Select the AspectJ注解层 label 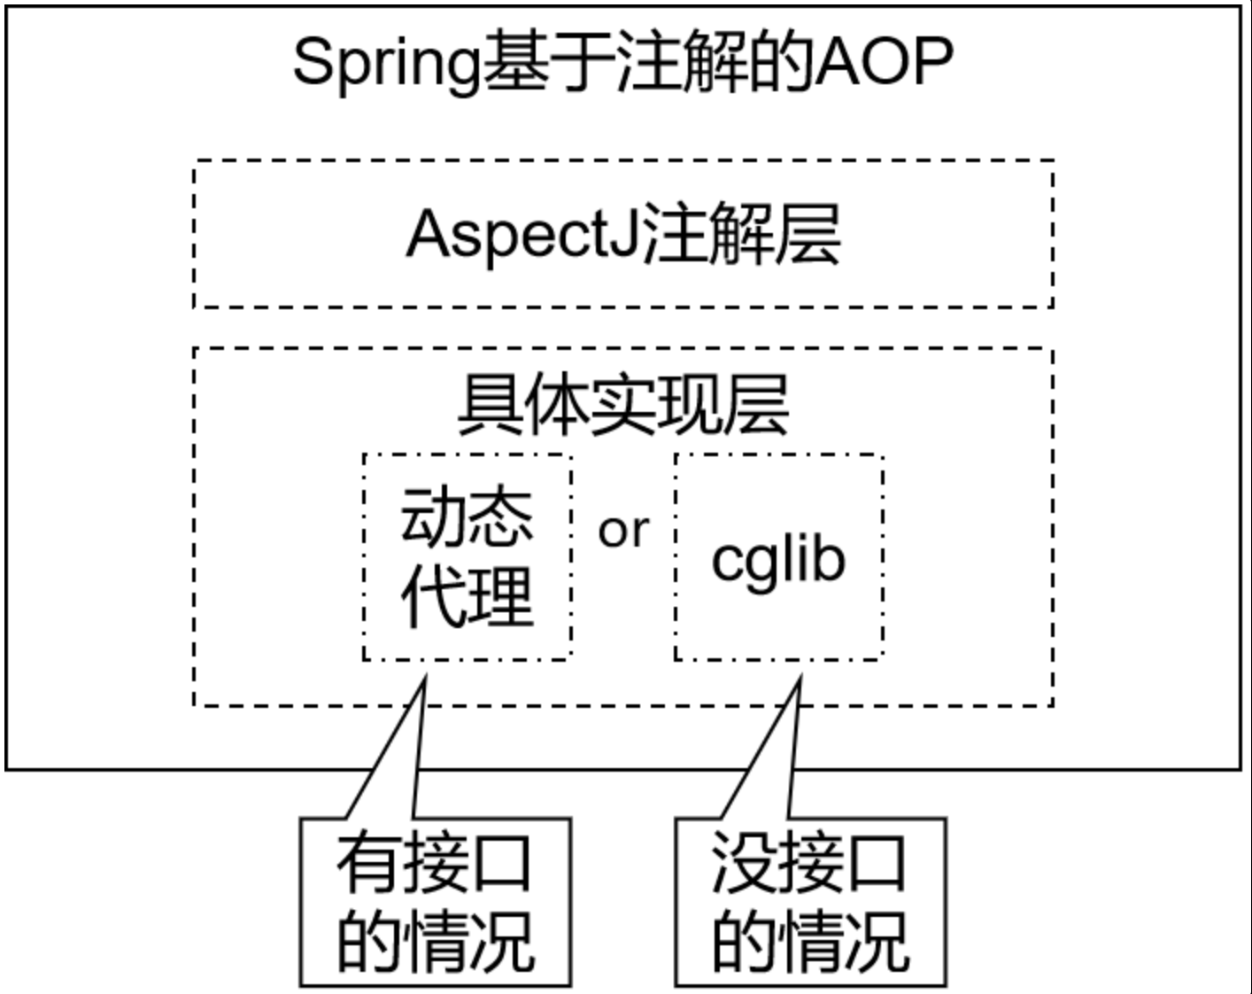(623, 235)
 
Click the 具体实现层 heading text (623, 404)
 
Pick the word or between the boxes (623, 531)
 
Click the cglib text (779, 562)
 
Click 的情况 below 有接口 (436, 942)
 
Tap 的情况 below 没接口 (810, 942)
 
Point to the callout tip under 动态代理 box (426, 675)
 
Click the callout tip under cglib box (801, 675)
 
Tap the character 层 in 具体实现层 (756, 404)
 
